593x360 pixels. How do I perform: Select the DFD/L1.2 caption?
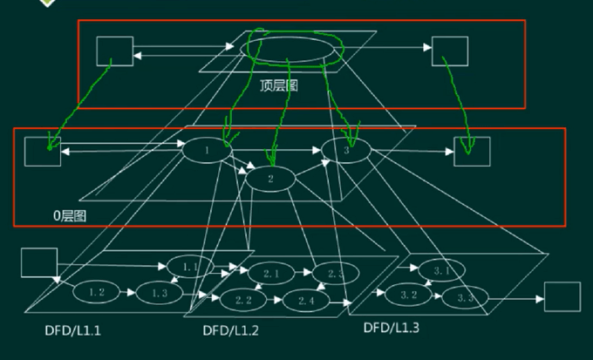232,330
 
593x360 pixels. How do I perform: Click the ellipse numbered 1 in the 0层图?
207,150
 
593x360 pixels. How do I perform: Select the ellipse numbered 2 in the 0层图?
271,179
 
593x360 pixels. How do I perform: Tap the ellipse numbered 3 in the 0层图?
346,150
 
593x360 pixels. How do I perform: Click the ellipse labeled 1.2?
96,293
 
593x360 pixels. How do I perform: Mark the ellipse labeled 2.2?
243,300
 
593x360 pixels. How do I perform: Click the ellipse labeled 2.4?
306,300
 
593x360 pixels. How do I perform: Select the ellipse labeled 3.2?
409,295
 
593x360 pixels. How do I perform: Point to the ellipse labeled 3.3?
465,298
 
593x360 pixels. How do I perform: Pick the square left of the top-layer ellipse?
115,51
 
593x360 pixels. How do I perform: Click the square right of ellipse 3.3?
562,297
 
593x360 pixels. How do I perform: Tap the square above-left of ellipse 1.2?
38,262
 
